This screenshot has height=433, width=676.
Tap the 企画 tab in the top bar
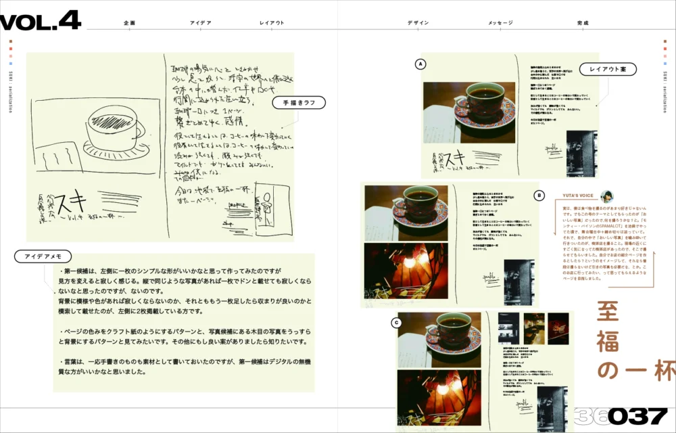[130, 23]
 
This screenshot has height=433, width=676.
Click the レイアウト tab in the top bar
[272, 23]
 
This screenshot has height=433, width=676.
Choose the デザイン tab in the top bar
[418, 23]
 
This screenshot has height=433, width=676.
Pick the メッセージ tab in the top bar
[500, 23]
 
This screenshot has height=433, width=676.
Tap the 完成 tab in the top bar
[583, 23]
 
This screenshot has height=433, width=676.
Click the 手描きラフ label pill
[299, 103]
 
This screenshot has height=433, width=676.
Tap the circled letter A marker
[420, 64]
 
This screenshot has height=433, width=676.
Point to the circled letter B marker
[539, 196]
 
